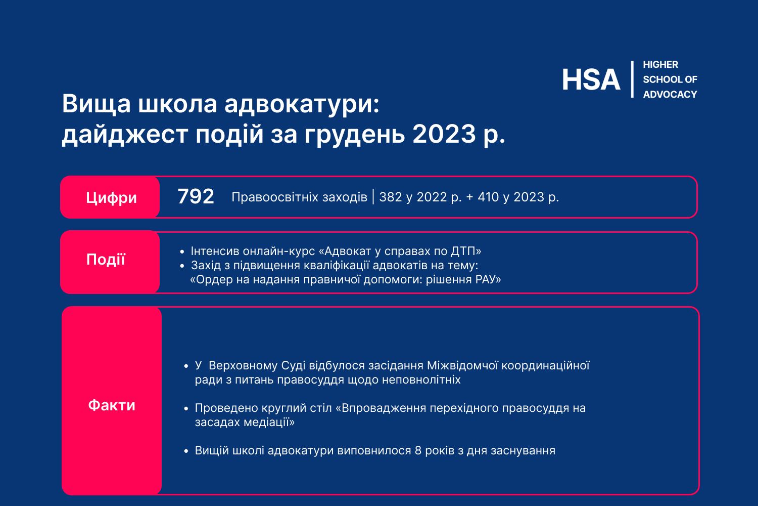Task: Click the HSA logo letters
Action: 591,79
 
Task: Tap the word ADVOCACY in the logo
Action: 670,94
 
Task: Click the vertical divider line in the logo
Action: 632,79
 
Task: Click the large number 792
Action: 196,196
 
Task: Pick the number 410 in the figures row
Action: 488,197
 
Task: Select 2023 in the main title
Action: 444,134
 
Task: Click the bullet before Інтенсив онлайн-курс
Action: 182,252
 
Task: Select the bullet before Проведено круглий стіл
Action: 186,409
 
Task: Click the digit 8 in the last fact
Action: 418,450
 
